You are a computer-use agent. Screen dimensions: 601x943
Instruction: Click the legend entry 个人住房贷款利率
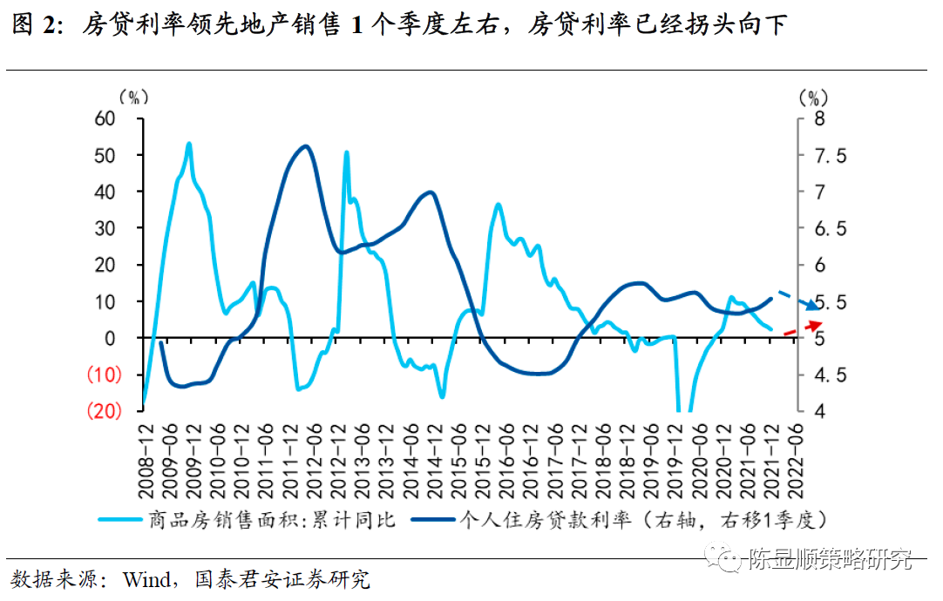tap(558, 521)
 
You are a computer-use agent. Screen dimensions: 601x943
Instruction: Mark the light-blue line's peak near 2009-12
tap(189, 144)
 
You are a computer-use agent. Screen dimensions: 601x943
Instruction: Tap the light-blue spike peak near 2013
tap(346, 152)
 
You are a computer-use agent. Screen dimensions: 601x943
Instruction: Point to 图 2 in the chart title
tap(37, 26)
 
